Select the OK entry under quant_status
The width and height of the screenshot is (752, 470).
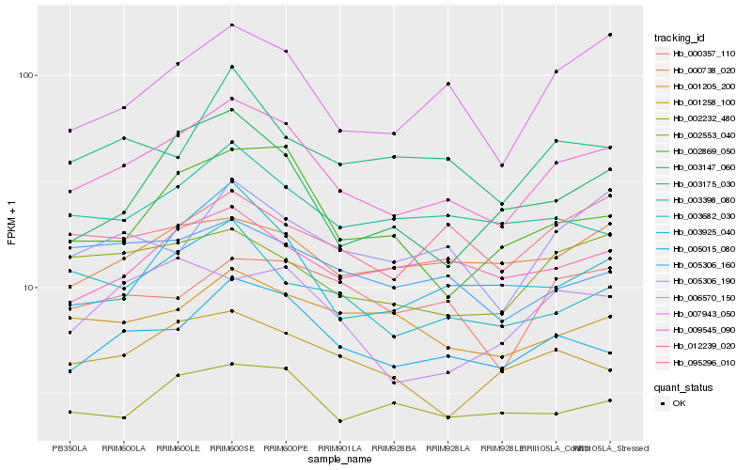(679, 402)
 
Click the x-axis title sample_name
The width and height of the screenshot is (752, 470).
(339, 460)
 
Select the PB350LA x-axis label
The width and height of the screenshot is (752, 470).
(70, 448)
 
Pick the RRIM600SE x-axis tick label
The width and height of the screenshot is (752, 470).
(231, 448)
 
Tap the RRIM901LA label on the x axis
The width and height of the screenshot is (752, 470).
(339, 448)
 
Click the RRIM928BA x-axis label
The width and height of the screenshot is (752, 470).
(394, 448)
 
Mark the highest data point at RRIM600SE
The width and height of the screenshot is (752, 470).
(231, 25)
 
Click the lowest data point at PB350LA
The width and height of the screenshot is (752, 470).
(70, 412)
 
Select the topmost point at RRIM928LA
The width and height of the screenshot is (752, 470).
(448, 84)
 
